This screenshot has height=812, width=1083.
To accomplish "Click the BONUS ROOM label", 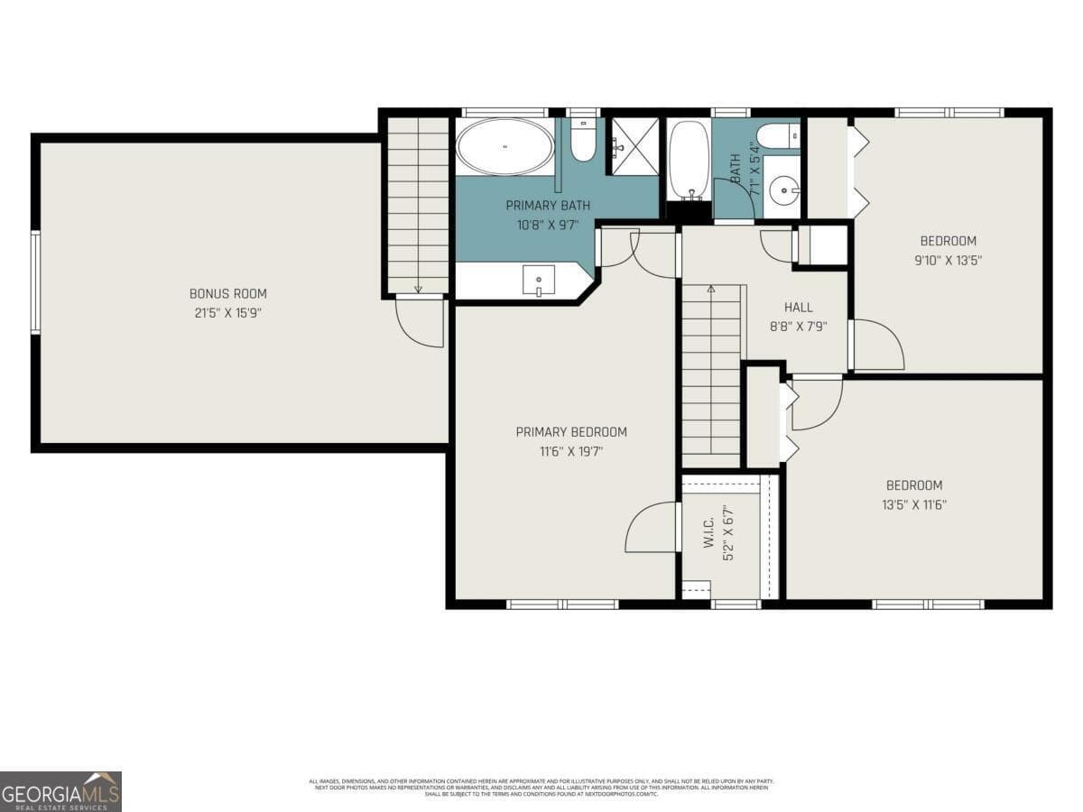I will pos(227,293).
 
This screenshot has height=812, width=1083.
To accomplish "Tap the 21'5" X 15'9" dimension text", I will pos(227,313).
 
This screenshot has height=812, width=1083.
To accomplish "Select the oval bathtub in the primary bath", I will pos(504,147).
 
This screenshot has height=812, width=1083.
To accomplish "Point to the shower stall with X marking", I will pos(635,144).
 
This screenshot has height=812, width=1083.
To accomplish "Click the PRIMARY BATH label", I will pos(547,206).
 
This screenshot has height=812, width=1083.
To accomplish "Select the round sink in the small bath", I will pos(782,189).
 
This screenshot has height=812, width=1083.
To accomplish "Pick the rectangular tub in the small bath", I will pos(689,160).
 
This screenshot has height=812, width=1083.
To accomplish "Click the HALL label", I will pos(798,308).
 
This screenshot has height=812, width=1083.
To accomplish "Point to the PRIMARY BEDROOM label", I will pos(570,432).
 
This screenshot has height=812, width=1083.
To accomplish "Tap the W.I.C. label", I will pos(708,532).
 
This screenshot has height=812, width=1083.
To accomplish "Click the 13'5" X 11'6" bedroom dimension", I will pos(913,505).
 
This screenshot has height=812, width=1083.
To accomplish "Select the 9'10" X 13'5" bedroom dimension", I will pos(948,261).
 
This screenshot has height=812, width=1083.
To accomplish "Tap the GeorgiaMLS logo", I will pos(60,791).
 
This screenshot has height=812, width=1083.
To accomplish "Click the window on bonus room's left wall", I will pos(35,282).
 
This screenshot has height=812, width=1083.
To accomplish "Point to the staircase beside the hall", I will pos(710,374).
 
